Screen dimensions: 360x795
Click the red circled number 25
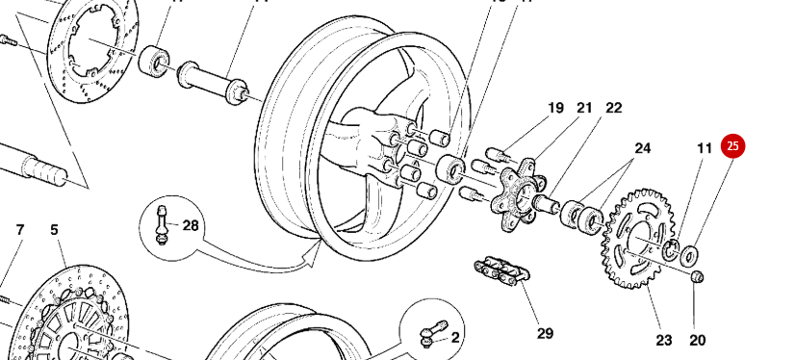(733, 146)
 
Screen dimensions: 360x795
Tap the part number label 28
(191, 226)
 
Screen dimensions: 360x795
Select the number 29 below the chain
(545, 333)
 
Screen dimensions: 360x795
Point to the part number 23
(664, 339)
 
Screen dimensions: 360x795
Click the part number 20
(697, 339)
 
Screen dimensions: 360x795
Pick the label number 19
(555, 108)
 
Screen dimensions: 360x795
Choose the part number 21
(584, 108)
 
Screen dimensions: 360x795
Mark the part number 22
(614, 108)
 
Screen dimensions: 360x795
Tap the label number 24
(642, 148)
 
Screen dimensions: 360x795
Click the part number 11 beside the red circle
(705, 148)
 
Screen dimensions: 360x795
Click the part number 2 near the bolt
(455, 337)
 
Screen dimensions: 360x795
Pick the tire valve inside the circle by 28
(163, 224)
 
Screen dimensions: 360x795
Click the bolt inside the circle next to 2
(428, 331)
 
